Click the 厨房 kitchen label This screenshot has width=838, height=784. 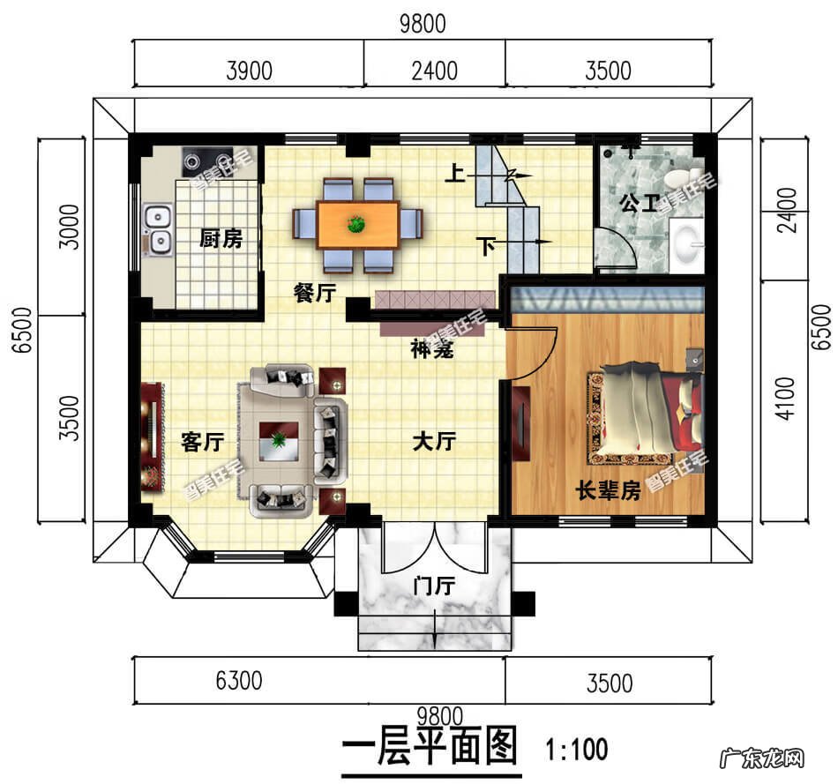(x=221, y=238)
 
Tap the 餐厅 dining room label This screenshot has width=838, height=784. (x=314, y=294)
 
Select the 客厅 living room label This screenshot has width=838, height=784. (x=202, y=441)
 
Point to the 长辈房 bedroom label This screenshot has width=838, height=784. (x=608, y=491)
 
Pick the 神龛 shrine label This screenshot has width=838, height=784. (x=432, y=350)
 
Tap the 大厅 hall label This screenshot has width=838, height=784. (x=434, y=441)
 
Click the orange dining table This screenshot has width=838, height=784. (x=357, y=224)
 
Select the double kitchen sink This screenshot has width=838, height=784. (x=158, y=228)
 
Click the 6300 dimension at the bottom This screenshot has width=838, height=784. (x=239, y=681)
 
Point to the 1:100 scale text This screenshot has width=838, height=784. (x=577, y=750)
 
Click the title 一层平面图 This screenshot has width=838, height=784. (x=429, y=749)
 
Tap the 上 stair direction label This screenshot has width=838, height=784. (x=454, y=175)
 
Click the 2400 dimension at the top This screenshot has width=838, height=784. (x=434, y=70)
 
